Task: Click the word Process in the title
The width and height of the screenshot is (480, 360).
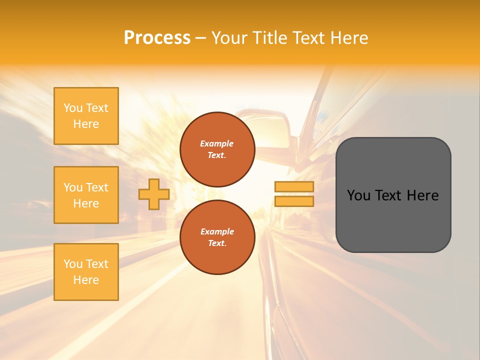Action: coord(157,37)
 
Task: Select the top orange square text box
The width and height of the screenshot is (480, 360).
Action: coord(86,116)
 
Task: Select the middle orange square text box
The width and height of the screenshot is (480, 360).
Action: coord(86,195)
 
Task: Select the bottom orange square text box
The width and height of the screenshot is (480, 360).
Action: coord(86,272)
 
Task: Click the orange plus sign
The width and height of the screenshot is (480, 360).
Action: coord(154,194)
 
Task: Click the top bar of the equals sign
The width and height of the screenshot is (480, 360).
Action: coord(294,187)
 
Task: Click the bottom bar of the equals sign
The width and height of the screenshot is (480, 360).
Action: coord(294,201)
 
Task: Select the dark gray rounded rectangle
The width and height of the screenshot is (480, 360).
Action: coord(393,220)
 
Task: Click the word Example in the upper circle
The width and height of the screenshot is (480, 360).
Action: coord(217,143)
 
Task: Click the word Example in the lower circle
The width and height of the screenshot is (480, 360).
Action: coord(217,231)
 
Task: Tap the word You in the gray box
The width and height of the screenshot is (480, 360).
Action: coord(358,195)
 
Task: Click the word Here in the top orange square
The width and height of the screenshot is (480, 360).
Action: coord(86,124)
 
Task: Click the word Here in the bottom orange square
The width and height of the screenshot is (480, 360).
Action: coord(86,280)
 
